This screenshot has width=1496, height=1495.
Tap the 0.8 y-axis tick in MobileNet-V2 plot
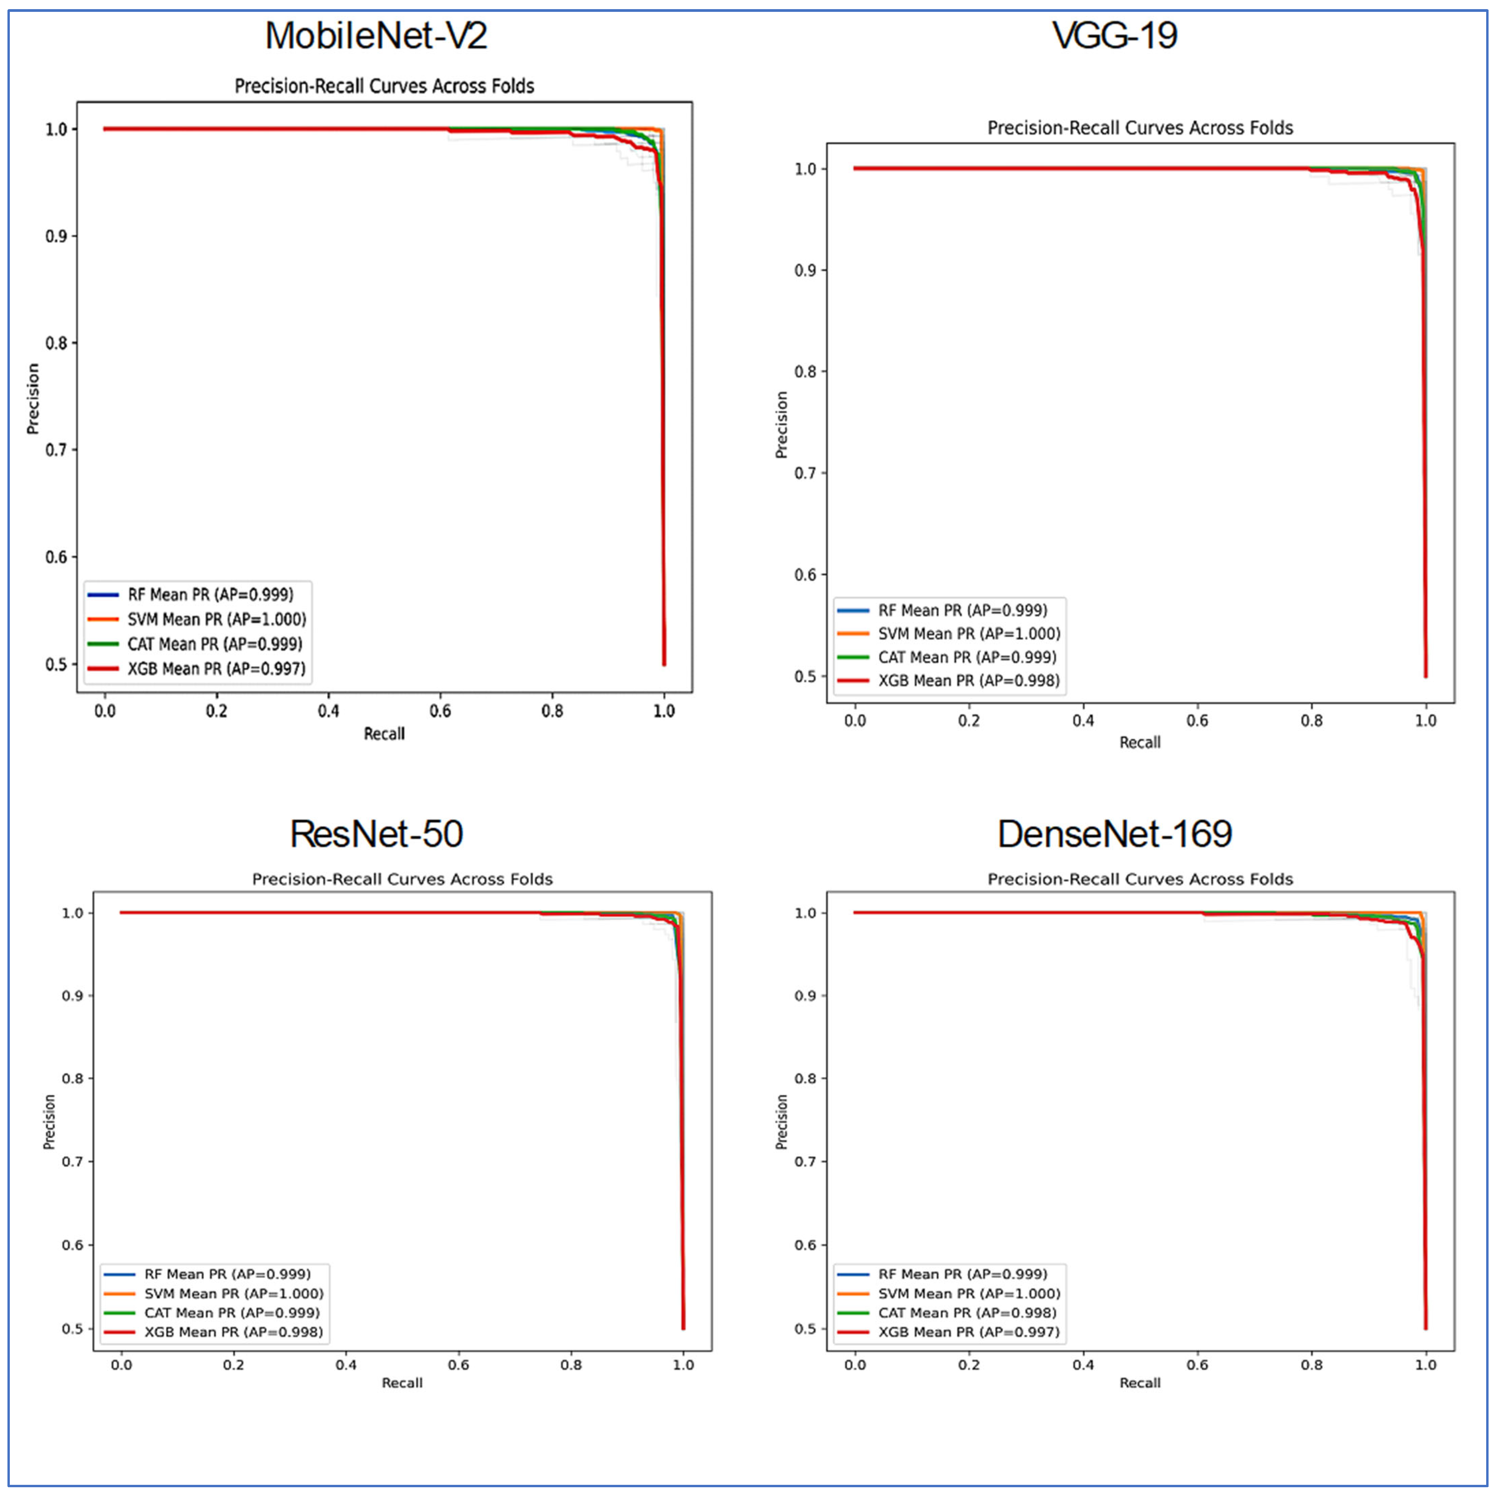(56, 343)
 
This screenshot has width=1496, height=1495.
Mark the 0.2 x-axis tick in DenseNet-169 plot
(969, 1365)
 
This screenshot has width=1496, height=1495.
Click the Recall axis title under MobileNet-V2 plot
(384, 733)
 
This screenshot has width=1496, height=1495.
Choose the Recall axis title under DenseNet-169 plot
(1140, 1383)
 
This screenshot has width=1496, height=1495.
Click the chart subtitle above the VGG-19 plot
(1140, 128)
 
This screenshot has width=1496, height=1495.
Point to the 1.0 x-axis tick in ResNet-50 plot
(683, 1365)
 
